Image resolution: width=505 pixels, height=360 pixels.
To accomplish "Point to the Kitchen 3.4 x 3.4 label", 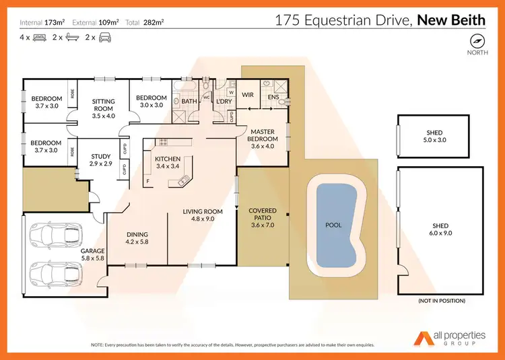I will (x=168, y=162).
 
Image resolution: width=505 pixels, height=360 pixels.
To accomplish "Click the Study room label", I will (x=101, y=160).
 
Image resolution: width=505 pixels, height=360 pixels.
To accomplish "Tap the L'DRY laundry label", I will (x=224, y=101).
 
